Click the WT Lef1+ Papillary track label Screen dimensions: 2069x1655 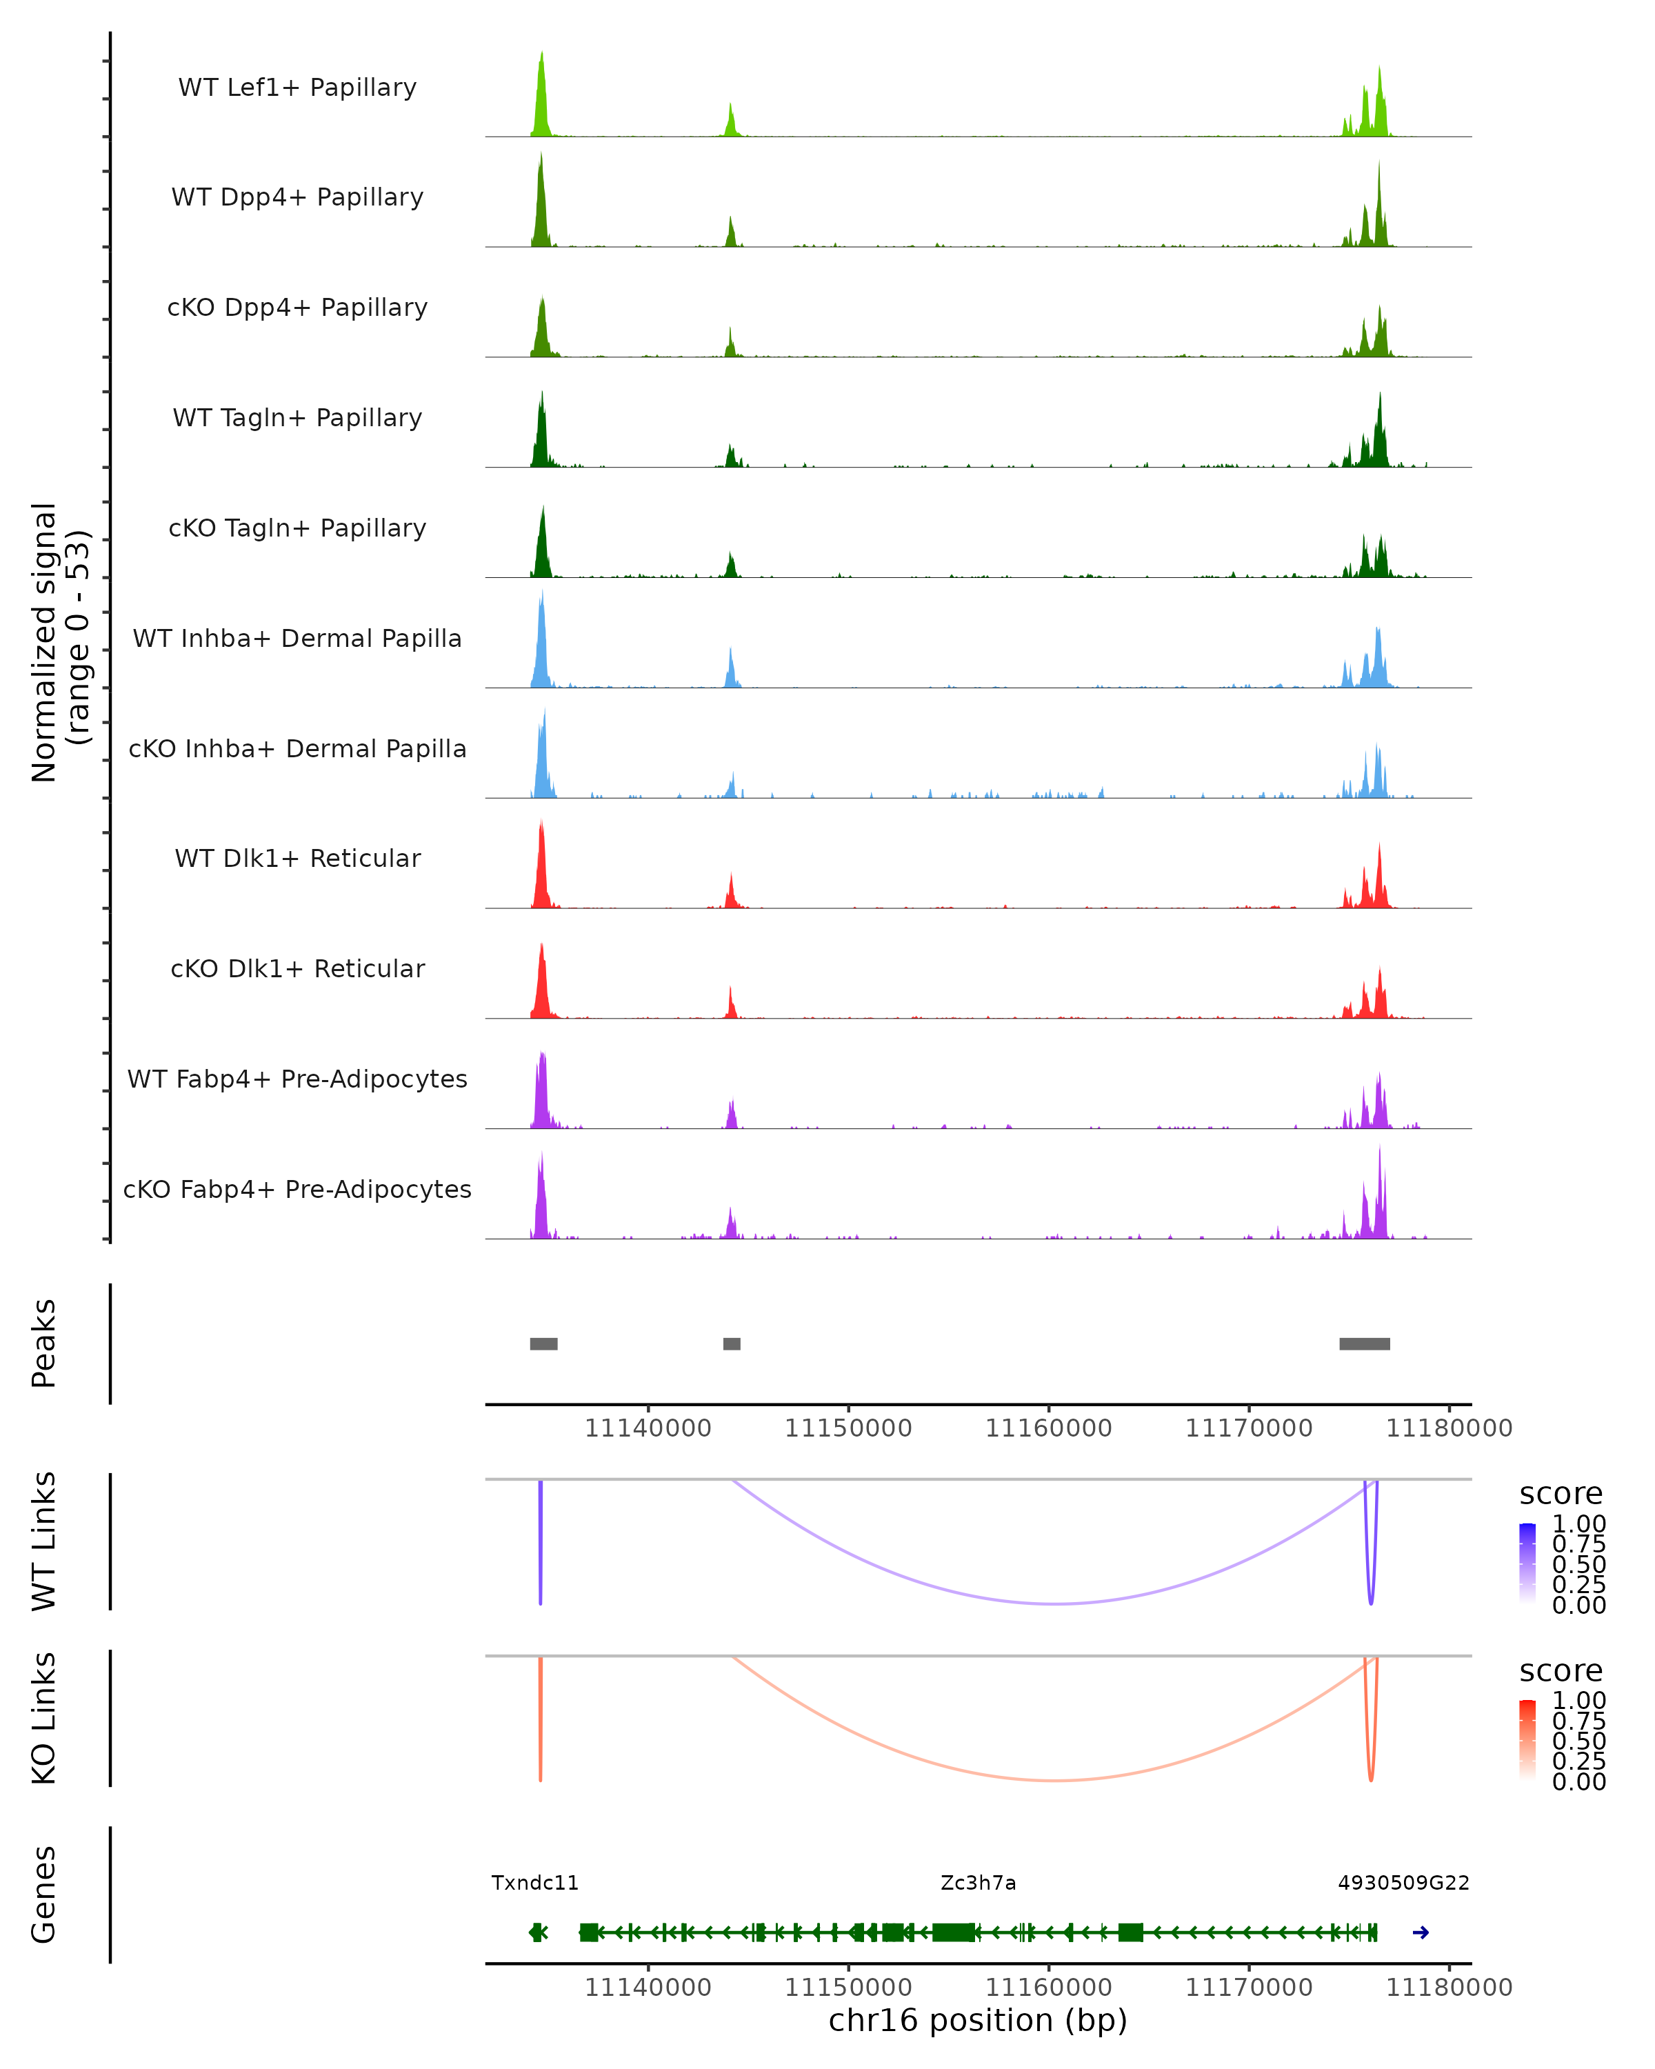[x=297, y=88]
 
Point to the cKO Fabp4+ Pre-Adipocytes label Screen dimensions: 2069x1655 [x=297, y=1189]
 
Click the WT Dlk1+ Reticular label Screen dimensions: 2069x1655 [x=297, y=858]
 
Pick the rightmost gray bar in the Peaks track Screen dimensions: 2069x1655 [x=1364, y=1343]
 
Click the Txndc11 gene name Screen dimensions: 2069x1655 [x=534, y=1883]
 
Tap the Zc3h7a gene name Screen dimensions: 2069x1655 [x=978, y=1883]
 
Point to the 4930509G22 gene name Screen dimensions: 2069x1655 [x=1403, y=1883]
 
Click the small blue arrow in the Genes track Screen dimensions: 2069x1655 [x=1421, y=1932]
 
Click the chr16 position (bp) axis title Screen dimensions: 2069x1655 [x=978, y=2020]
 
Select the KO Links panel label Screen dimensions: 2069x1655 [x=44, y=1718]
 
